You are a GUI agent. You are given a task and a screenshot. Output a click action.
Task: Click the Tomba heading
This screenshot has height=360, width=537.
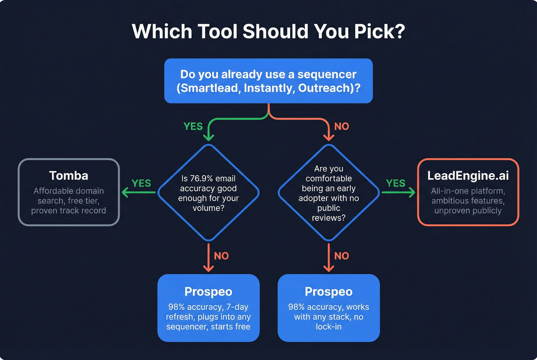(x=69, y=176)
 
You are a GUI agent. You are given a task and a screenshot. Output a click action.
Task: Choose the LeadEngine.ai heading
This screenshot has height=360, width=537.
(x=468, y=176)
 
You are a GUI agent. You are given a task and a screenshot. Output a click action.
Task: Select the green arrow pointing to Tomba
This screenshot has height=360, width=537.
(x=138, y=192)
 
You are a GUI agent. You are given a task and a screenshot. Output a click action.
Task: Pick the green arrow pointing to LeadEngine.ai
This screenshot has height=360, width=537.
(x=399, y=192)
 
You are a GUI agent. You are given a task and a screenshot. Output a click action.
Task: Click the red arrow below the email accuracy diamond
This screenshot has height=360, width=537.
(x=208, y=258)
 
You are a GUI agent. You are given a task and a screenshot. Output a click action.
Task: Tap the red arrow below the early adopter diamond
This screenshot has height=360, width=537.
(x=329, y=258)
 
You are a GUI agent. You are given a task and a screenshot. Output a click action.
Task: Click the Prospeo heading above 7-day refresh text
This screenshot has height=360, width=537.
(x=208, y=292)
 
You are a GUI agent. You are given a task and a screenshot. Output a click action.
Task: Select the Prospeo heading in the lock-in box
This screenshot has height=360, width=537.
(x=329, y=292)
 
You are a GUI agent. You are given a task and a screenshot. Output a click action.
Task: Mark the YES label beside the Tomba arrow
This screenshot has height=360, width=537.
(x=141, y=183)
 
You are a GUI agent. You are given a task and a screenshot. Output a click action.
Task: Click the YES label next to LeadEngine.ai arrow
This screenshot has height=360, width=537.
(x=395, y=183)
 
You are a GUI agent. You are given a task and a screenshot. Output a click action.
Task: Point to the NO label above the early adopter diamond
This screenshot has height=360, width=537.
(x=341, y=127)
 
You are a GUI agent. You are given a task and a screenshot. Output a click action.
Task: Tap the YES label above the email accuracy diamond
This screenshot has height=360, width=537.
(x=193, y=127)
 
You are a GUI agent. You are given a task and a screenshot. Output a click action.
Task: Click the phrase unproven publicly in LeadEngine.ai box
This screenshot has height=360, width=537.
(x=468, y=211)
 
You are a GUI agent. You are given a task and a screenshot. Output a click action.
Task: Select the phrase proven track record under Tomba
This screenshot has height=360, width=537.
(x=69, y=211)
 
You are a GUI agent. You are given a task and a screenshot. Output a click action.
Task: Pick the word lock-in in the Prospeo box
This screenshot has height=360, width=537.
(x=329, y=327)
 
